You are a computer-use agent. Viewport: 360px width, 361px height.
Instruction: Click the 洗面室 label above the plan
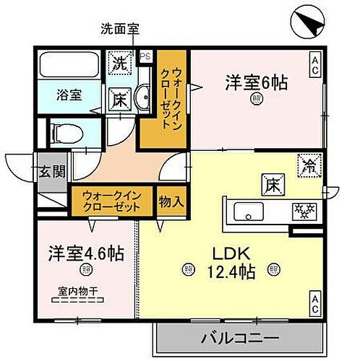tap(119, 30)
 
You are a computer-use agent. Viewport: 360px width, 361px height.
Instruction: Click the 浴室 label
tap(69, 94)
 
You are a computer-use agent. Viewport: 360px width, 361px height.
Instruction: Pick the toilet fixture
tap(68, 133)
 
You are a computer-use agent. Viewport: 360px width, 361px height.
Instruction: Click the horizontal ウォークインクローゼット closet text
tap(112, 201)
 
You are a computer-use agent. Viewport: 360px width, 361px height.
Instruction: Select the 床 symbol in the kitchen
tap(270, 184)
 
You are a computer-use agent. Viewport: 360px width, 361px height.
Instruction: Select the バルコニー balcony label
tap(240, 337)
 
